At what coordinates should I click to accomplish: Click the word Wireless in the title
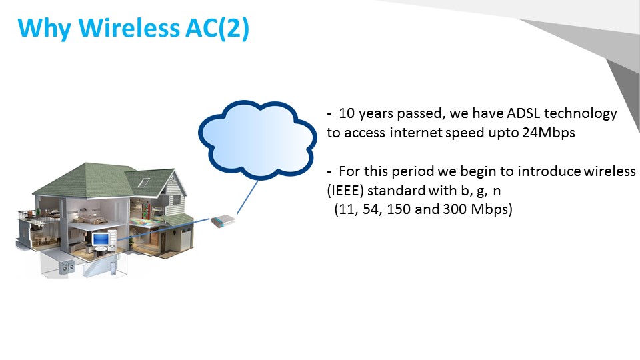point(129,28)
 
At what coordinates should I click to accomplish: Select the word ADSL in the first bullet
point(523,113)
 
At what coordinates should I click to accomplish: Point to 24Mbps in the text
point(549,132)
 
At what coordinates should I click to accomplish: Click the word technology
point(581,114)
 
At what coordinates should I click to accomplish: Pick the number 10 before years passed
point(347,113)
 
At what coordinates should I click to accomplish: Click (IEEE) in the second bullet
point(345,191)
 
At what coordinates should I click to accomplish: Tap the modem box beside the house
point(223,221)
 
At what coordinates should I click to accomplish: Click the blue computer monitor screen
point(100,239)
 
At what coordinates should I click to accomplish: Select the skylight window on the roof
point(143,183)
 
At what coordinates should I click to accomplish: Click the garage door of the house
point(186,241)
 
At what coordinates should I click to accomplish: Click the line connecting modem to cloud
point(247,198)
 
